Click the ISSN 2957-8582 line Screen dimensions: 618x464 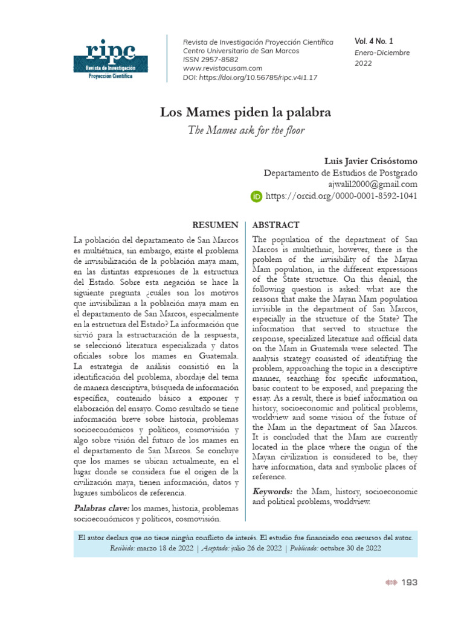click(x=211, y=60)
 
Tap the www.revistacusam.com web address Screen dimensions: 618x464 click(x=222, y=68)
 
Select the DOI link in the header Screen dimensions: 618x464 click(x=250, y=77)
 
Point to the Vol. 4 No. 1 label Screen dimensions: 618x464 click(x=373, y=42)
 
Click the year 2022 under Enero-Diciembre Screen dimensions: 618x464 click(x=363, y=63)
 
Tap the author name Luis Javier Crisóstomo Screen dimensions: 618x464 click(x=370, y=161)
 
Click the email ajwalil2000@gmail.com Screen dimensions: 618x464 click(x=372, y=184)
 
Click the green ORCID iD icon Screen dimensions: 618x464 click(x=256, y=196)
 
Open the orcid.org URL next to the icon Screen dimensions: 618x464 click(x=341, y=196)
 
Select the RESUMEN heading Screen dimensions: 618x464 click(x=214, y=225)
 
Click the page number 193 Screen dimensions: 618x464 click(x=409, y=582)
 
